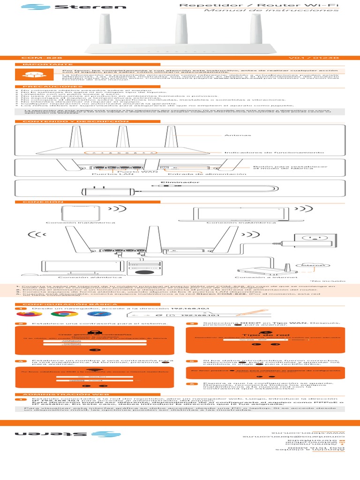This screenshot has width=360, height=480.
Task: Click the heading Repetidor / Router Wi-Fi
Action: tap(259, 5)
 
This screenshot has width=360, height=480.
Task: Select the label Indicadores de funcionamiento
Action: tap(274, 152)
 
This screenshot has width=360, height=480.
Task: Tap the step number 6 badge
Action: tap(191, 384)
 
